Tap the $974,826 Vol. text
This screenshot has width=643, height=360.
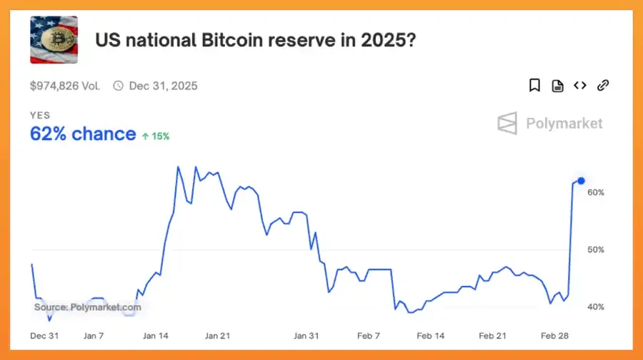click(x=65, y=86)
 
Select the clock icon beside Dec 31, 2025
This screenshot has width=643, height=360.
click(x=118, y=86)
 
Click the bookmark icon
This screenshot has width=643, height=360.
click(x=534, y=86)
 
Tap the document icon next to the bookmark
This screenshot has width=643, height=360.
click(x=557, y=86)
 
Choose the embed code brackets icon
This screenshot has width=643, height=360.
click(x=579, y=86)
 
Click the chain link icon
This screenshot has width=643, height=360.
click(x=603, y=86)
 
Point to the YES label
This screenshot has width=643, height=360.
click(x=40, y=115)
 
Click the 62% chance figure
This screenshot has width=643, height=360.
click(x=82, y=134)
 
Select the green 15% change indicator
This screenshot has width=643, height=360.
click(x=156, y=136)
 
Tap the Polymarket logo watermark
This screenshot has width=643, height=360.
click(x=550, y=124)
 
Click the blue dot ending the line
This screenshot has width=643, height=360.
click(x=581, y=181)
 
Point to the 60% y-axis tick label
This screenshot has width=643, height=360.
click(x=596, y=192)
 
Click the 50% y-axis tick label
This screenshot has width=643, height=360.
click(x=596, y=249)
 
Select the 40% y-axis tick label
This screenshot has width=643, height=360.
click(x=596, y=306)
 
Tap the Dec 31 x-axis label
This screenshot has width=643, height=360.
click(x=44, y=335)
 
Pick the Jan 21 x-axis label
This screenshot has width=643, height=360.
click(x=217, y=335)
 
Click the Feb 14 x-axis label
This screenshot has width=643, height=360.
click(x=430, y=335)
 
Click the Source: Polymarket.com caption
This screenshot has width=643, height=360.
click(x=87, y=307)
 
